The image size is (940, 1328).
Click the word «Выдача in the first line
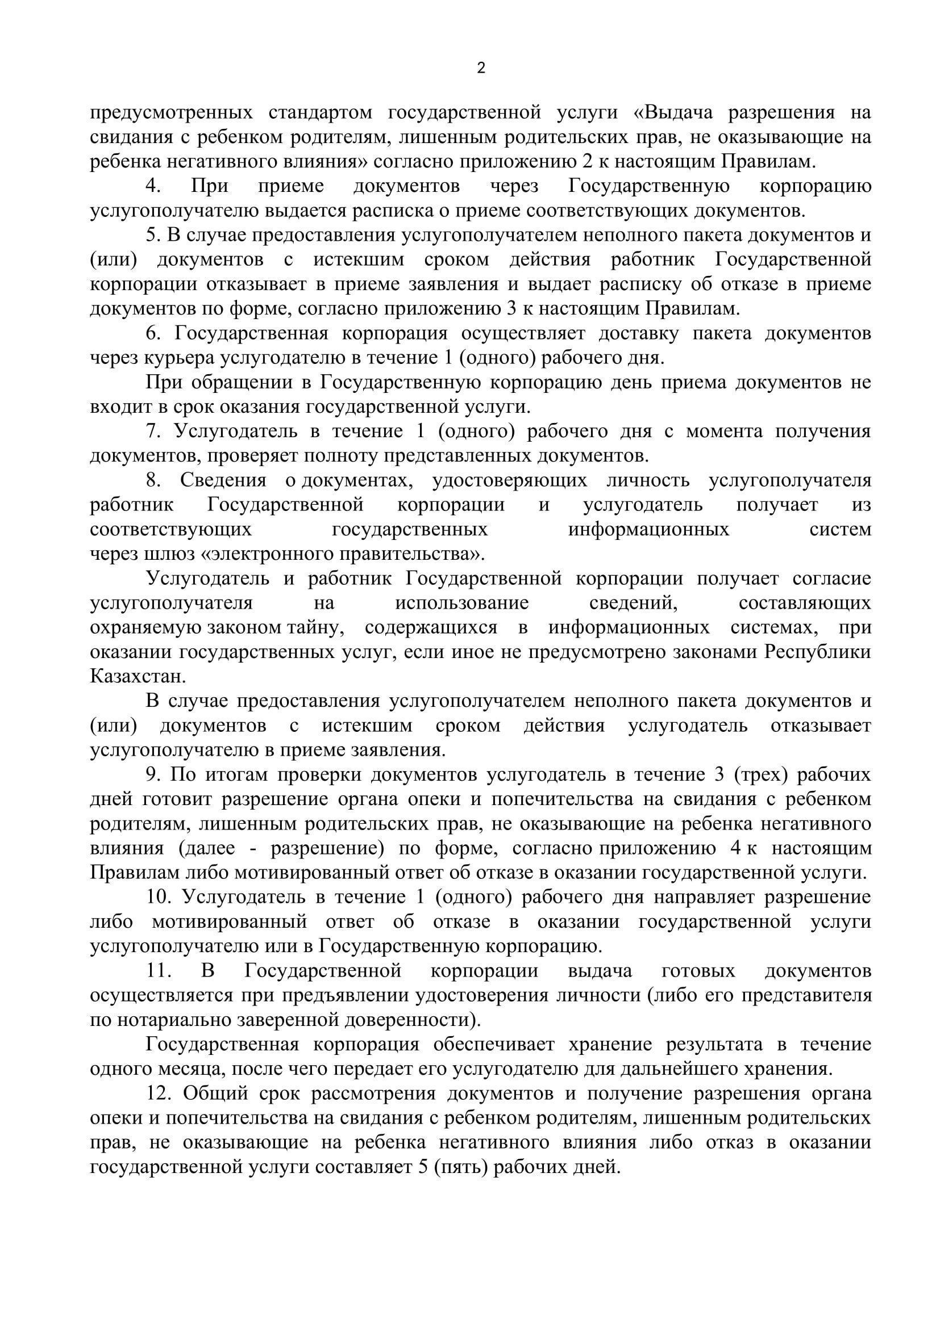point(673,113)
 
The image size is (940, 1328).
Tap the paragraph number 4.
point(153,187)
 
